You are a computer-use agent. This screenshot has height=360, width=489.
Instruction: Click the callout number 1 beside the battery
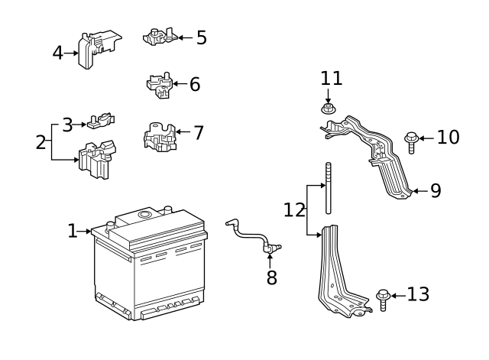tap(72, 230)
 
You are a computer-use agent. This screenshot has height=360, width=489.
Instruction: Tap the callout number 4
tap(58, 53)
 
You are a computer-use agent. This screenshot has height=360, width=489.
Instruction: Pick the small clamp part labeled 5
tap(160, 35)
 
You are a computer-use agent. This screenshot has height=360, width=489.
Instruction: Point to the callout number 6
tap(195, 84)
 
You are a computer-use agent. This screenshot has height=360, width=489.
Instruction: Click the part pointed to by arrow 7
tap(159, 136)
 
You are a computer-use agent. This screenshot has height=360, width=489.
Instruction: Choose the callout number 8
tap(272, 277)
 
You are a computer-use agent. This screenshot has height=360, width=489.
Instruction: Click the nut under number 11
tap(328, 109)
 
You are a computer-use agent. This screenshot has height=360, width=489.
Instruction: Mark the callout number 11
tap(332, 78)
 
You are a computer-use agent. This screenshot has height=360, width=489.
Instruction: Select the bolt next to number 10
tap(410, 141)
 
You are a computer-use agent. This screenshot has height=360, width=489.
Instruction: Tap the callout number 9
tap(436, 190)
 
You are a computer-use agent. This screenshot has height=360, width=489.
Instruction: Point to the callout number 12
tap(294, 209)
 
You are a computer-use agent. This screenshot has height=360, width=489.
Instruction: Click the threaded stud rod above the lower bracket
tap(329, 191)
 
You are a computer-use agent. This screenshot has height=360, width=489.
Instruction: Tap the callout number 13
tap(418, 294)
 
